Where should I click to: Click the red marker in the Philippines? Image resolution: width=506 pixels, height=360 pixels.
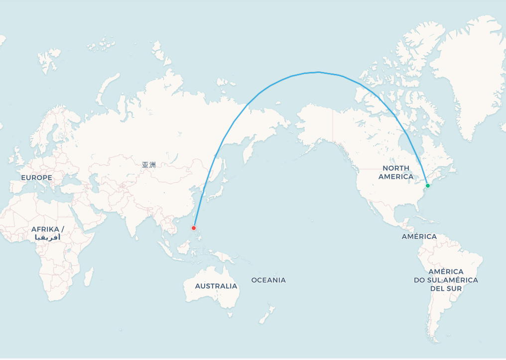[194, 228]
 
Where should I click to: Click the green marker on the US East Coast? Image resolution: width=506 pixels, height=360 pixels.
[427, 186]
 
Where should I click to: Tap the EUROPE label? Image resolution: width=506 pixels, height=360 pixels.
[36, 178]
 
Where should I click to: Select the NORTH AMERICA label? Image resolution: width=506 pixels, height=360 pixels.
[396, 172]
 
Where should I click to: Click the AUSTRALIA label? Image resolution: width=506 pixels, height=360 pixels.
[216, 286]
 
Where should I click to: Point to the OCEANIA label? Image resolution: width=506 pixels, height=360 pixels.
[268, 280]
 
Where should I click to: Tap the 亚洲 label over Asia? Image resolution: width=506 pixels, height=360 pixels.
[148, 165]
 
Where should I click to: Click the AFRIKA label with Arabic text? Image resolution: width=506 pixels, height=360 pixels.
[48, 233]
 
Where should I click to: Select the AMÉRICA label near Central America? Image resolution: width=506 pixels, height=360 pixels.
[419, 237]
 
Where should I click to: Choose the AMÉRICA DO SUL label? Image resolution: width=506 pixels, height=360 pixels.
[446, 280]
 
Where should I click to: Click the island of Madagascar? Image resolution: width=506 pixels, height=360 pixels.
[89, 276]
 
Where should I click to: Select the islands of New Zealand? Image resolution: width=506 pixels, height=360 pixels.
[266, 315]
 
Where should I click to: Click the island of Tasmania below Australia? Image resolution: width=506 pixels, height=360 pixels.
[230, 314]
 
